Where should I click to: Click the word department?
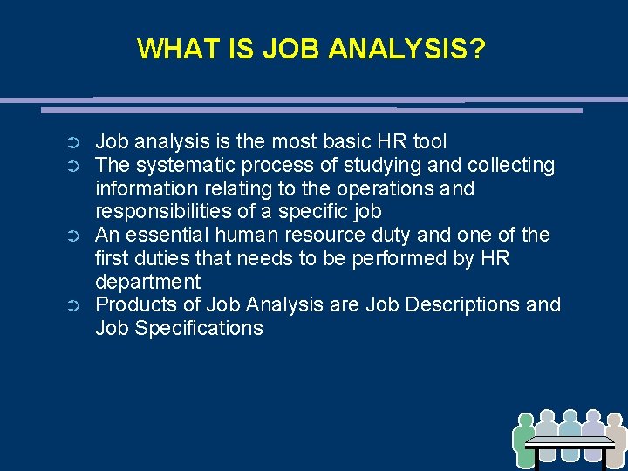(x=147, y=282)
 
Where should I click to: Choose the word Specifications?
(x=200, y=328)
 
